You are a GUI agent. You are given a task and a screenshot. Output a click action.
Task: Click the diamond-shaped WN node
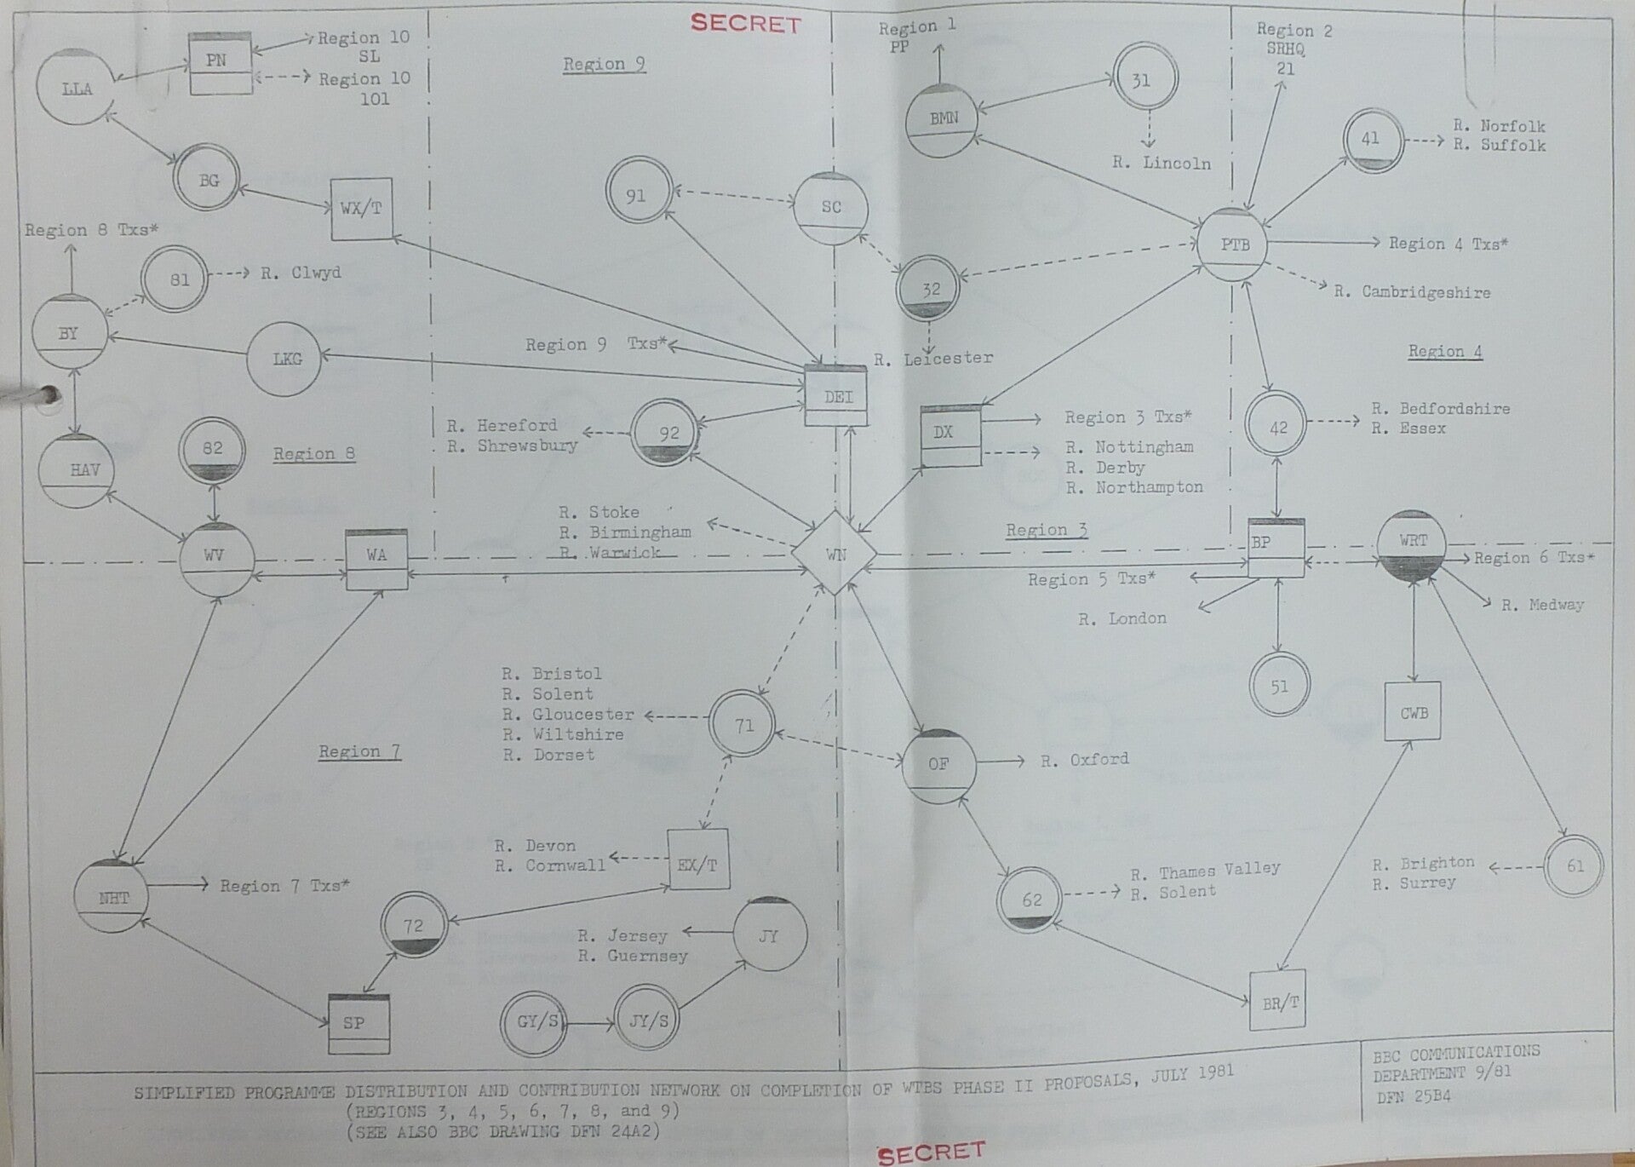(x=835, y=554)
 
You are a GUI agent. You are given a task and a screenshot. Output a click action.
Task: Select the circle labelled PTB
(x=1235, y=244)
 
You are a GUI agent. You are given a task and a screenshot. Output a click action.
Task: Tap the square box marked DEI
(x=837, y=396)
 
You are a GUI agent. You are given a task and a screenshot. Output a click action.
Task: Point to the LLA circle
(x=77, y=88)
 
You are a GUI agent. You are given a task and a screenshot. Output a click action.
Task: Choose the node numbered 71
(x=743, y=726)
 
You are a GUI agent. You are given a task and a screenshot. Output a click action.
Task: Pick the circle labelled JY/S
(x=649, y=1020)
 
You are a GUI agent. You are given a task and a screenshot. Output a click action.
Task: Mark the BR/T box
(x=1280, y=1002)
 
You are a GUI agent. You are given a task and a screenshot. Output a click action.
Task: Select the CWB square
(x=1414, y=712)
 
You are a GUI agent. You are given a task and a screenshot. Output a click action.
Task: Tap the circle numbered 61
(x=1575, y=865)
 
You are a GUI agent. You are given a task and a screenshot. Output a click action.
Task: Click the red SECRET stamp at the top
(x=745, y=23)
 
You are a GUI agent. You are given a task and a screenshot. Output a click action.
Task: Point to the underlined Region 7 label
(x=359, y=751)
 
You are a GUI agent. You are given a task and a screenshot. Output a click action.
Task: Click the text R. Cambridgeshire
(x=1412, y=292)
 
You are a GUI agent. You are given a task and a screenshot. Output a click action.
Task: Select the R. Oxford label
(x=1084, y=759)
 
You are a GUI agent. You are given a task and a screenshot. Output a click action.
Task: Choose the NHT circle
(x=113, y=897)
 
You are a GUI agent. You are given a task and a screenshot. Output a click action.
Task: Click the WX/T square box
(x=361, y=209)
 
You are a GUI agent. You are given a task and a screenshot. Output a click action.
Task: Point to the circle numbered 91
(x=635, y=195)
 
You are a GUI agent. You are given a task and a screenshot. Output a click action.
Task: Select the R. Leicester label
(x=934, y=359)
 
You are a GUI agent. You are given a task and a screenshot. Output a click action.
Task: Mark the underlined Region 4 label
(x=1444, y=351)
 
